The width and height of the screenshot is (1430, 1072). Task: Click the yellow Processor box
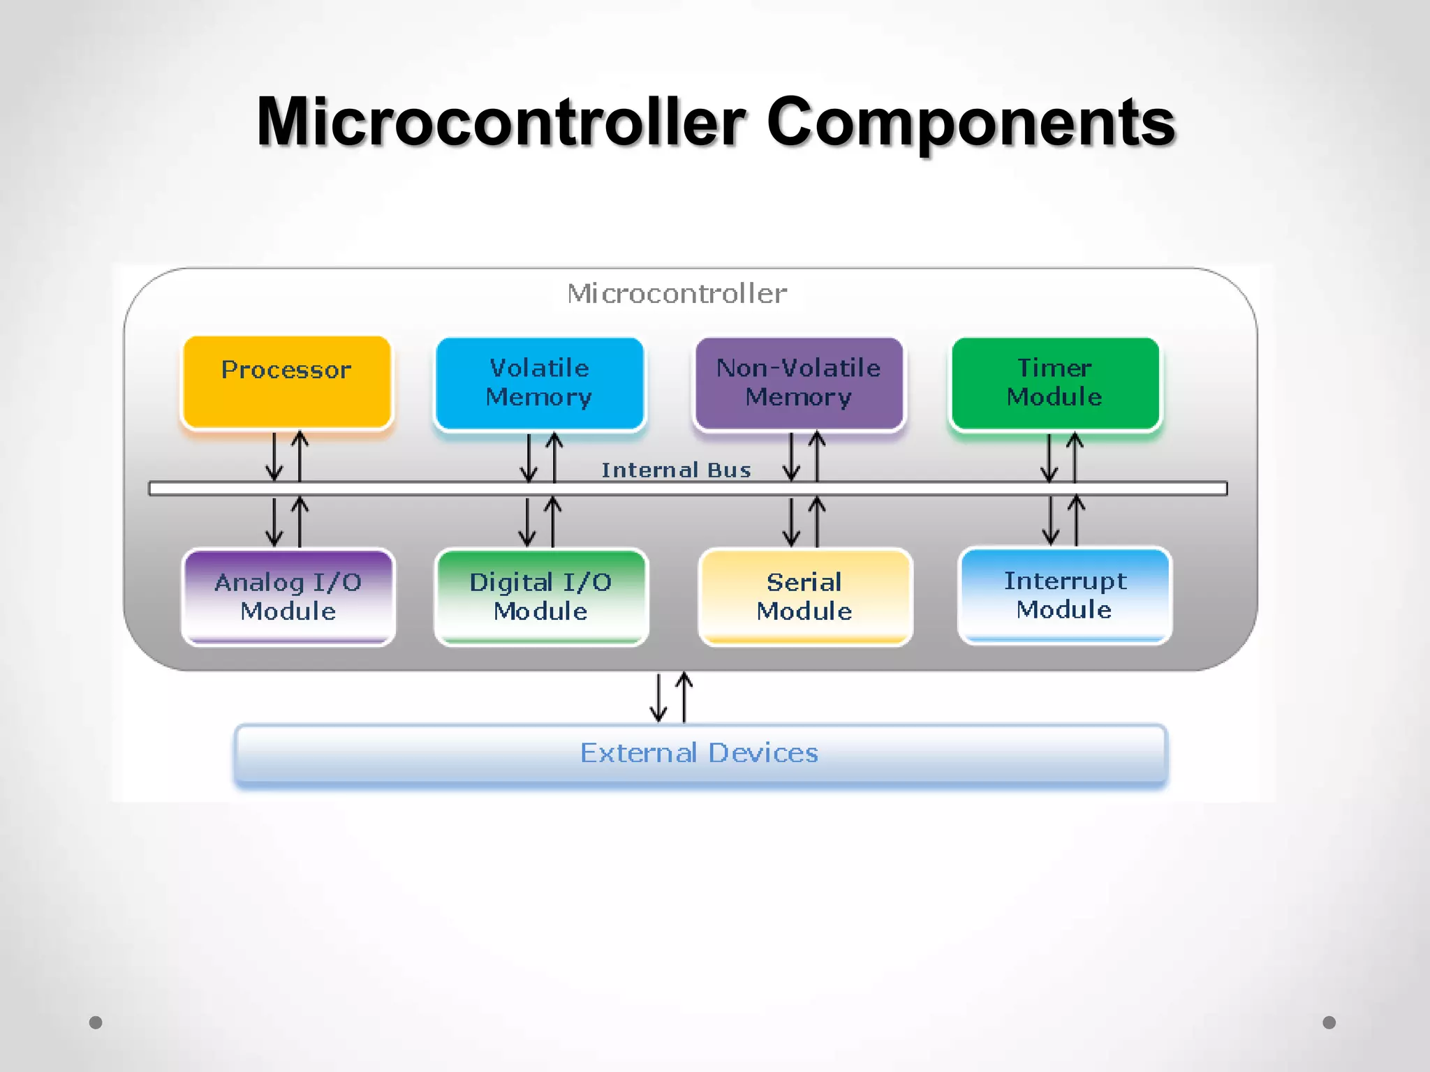[286, 382]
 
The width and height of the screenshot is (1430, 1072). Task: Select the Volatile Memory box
[539, 383]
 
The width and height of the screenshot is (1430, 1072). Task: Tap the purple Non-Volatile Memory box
[799, 383]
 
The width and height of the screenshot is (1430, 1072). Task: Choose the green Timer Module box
[1055, 383]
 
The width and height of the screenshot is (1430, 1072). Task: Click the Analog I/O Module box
[288, 597]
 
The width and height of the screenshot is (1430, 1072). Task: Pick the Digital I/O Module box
[541, 597]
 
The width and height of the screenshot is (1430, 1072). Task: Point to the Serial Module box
[805, 597]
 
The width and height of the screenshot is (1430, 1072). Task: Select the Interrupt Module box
[1065, 595]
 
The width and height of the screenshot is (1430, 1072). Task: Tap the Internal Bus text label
[676, 470]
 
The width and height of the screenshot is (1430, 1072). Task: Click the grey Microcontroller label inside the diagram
[677, 294]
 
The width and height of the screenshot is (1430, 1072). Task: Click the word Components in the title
[971, 122]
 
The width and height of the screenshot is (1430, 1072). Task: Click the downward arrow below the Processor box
[274, 456]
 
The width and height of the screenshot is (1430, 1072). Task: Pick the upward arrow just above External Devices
[684, 697]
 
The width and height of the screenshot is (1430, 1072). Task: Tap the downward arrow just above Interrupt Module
[1050, 520]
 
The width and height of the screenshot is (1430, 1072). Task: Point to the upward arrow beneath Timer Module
[1075, 457]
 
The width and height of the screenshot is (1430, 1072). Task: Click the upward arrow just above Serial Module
[817, 521]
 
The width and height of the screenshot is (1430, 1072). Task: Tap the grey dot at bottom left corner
[96, 1022]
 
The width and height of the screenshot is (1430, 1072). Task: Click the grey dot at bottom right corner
[1329, 1022]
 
